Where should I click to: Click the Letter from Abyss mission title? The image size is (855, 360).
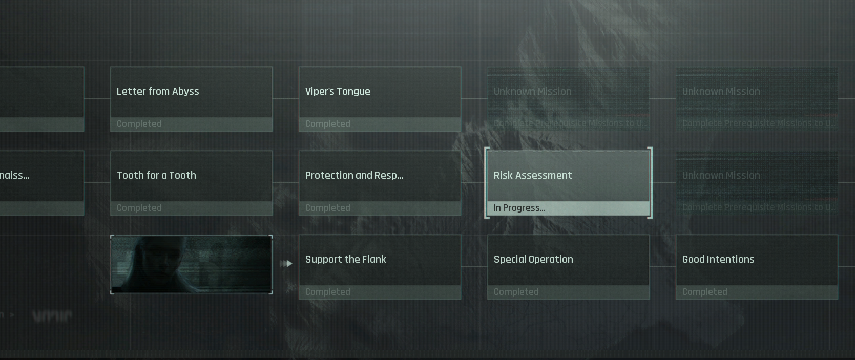click(x=158, y=92)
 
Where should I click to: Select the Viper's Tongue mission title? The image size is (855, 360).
click(x=338, y=92)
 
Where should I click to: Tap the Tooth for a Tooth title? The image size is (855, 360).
click(x=156, y=176)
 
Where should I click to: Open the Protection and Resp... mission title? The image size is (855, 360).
click(x=354, y=176)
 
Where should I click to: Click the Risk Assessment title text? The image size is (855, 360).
click(x=533, y=176)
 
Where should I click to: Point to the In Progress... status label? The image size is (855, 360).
click(x=519, y=208)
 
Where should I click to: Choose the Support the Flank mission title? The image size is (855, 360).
click(x=346, y=260)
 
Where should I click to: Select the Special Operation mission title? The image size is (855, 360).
click(x=533, y=260)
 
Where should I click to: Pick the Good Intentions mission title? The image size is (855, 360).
click(x=718, y=260)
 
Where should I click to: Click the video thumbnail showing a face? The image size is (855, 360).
click(x=191, y=264)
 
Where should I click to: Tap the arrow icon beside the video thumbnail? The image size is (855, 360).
click(x=286, y=264)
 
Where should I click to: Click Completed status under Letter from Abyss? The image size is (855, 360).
click(x=139, y=124)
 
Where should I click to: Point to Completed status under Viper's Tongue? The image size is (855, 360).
click(x=328, y=124)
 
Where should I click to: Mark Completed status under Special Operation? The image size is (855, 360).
click(x=516, y=292)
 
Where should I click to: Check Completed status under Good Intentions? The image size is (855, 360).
click(x=705, y=292)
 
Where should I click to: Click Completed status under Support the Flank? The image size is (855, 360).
click(x=328, y=292)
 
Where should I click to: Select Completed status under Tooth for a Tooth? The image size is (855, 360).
click(x=139, y=208)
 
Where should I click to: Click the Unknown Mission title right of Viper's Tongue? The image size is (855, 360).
click(x=533, y=92)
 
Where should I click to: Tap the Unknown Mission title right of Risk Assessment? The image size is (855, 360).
click(x=721, y=176)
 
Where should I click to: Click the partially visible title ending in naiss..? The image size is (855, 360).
click(x=14, y=176)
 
